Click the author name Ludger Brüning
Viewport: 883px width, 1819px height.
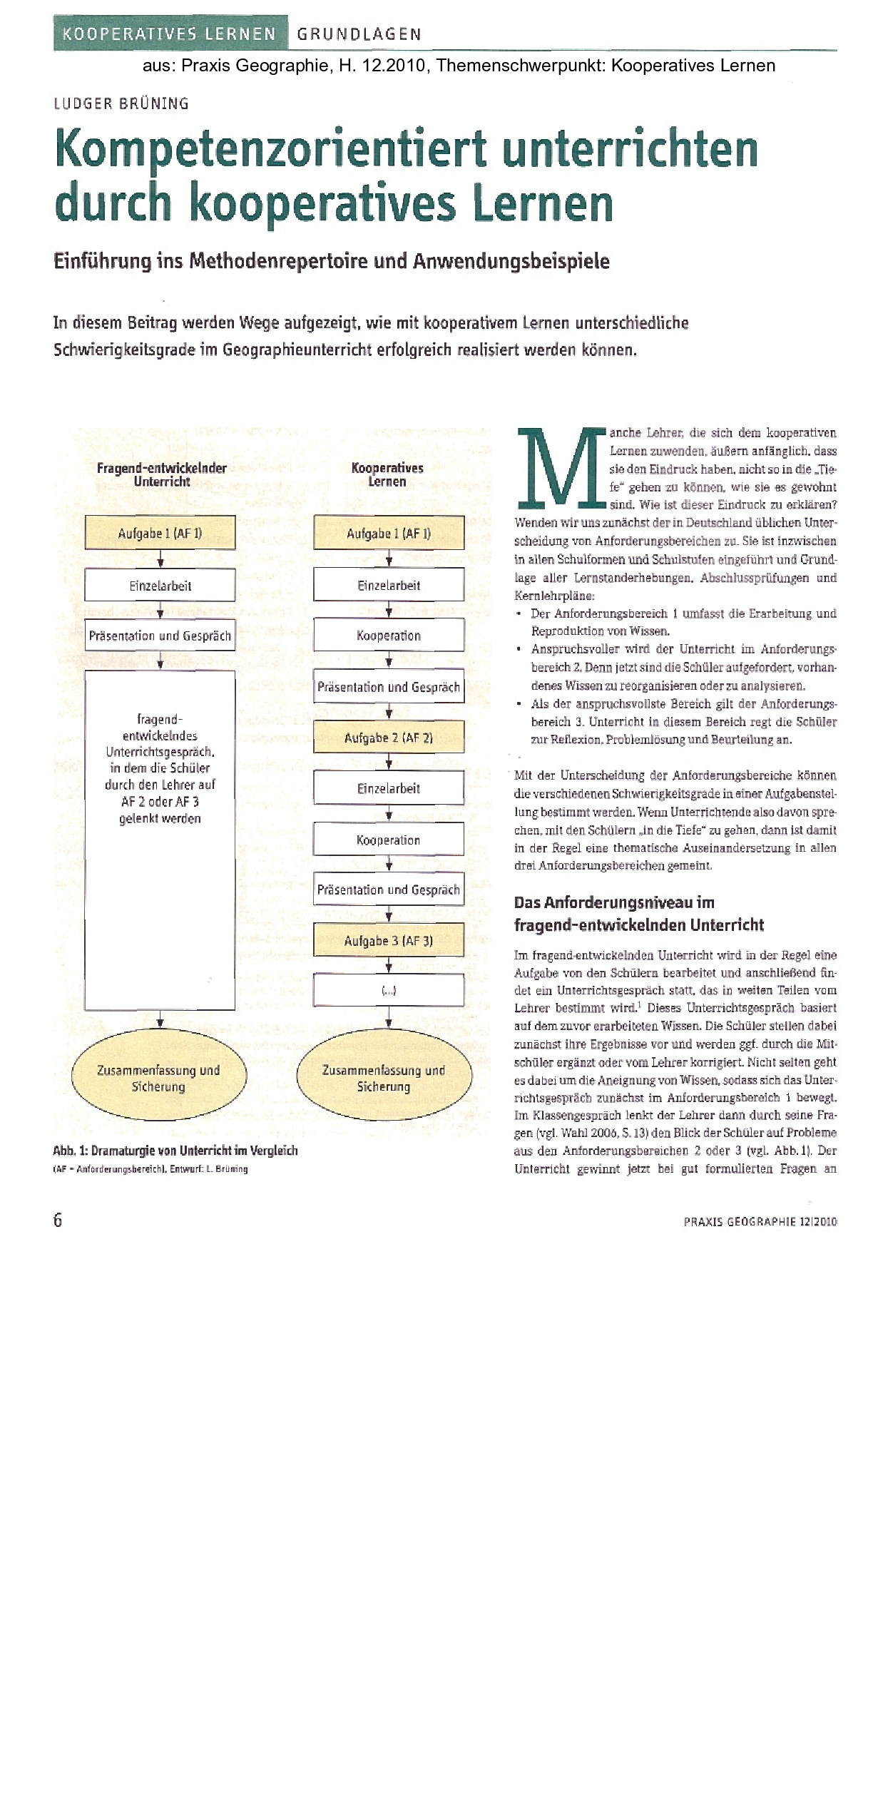(121, 103)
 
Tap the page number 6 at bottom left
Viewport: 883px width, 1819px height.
(58, 1220)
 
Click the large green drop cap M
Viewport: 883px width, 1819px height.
(559, 467)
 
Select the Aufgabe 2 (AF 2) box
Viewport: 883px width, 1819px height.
(389, 738)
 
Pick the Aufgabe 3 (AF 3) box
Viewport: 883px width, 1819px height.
(389, 941)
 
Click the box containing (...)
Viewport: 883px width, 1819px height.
(389, 990)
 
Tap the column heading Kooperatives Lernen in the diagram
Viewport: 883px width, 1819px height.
(387, 474)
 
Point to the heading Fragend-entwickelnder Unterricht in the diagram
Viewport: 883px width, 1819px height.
(162, 474)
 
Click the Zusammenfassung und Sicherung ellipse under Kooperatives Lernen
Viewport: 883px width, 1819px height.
(384, 1078)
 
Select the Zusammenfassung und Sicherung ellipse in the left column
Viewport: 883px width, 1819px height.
(158, 1078)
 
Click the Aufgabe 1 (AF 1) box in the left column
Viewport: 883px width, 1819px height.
(160, 533)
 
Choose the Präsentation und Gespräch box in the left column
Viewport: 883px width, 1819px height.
(160, 636)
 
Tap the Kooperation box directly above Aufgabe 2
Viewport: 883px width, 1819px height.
(389, 636)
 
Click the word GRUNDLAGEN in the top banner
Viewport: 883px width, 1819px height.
(359, 34)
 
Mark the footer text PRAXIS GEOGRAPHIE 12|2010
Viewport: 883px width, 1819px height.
(760, 1221)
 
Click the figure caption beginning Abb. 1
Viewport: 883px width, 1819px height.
(175, 1151)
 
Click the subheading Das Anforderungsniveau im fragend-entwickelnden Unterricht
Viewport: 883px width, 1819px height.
(638, 914)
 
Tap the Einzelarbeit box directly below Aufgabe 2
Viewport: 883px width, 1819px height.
(389, 788)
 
